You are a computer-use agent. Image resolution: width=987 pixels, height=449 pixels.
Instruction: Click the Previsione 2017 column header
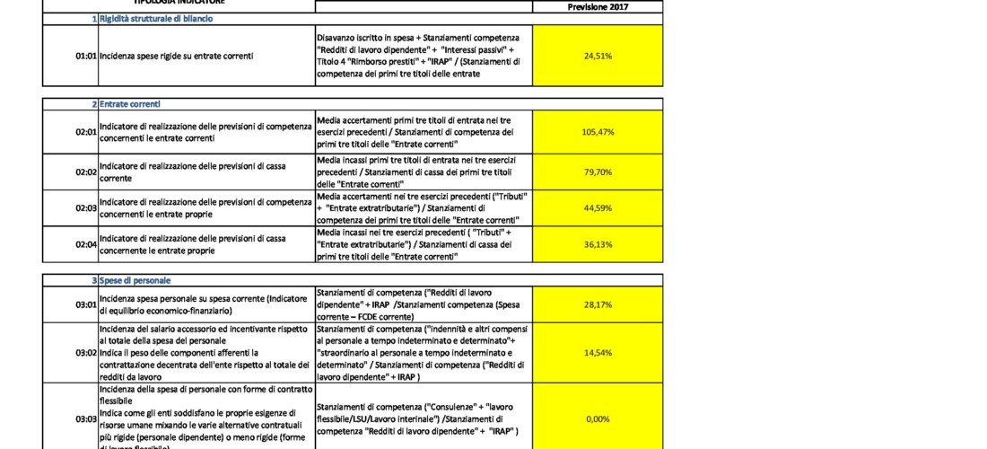[598, 6]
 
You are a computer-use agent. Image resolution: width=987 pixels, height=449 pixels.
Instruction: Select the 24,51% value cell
[598, 56]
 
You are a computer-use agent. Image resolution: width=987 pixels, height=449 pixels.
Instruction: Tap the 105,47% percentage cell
[598, 132]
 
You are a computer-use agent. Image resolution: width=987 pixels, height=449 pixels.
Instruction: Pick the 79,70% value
[598, 171]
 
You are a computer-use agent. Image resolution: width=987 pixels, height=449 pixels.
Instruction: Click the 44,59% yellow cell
[598, 207]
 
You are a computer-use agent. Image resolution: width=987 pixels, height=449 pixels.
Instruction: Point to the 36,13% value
[598, 244]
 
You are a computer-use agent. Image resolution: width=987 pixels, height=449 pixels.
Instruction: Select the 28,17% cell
[598, 304]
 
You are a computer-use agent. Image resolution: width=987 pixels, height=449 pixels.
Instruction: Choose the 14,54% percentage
[598, 353]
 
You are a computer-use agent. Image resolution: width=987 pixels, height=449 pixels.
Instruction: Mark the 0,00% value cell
[598, 418]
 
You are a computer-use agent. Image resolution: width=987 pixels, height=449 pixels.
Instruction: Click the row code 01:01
[85, 56]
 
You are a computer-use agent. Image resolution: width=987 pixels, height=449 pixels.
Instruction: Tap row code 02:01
[85, 132]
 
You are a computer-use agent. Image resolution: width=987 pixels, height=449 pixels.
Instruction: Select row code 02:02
[85, 171]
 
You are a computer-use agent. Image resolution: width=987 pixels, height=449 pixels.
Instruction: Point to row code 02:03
[85, 207]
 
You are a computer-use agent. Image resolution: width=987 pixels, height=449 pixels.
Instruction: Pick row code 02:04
[85, 244]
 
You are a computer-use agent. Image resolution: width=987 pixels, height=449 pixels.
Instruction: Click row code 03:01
[85, 304]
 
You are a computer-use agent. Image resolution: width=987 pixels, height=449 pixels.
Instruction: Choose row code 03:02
[85, 353]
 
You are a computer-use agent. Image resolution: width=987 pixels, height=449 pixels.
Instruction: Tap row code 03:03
[85, 418]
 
